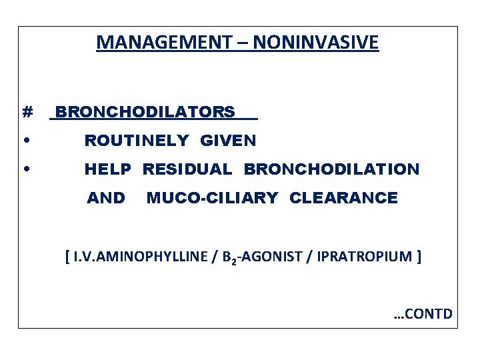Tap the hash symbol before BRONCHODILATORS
click(x=27, y=112)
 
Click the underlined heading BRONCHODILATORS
click(x=145, y=112)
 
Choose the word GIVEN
click(x=228, y=141)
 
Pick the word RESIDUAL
click(x=187, y=169)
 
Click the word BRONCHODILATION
click(x=331, y=169)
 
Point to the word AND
click(x=106, y=198)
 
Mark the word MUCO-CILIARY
click(x=213, y=198)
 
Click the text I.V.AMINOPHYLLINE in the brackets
click(x=138, y=257)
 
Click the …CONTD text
click(x=423, y=313)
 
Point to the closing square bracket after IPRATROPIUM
click(x=418, y=257)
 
